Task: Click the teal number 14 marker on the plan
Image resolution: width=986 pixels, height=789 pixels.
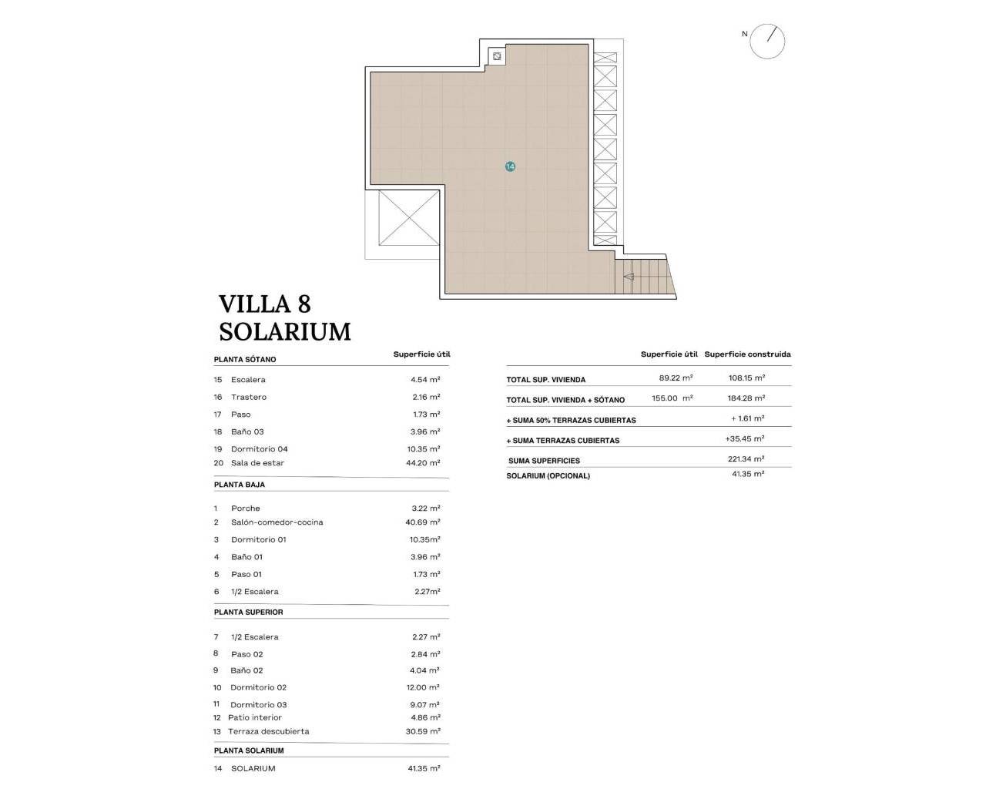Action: [x=510, y=166]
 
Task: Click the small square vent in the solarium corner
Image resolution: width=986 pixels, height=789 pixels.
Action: [x=498, y=56]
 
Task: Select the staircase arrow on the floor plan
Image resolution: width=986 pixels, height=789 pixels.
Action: [x=629, y=277]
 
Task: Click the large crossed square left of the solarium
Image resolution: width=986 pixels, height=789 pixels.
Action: [x=407, y=218]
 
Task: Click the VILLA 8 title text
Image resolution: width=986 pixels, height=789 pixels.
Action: [x=264, y=304]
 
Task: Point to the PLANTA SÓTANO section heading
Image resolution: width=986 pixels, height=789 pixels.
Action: [x=245, y=360]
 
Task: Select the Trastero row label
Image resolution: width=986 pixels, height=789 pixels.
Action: [x=248, y=398]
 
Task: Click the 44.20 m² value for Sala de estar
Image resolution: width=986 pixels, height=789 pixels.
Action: [x=425, y=463]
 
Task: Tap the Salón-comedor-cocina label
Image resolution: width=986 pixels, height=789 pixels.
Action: [x=277, y=522]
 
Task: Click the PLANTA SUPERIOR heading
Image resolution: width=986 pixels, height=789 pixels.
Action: [x=249, y=613]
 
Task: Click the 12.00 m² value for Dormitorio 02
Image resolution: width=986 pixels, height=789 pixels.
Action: [x=425, y=687]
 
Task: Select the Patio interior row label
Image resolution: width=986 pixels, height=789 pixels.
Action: [x=254, y=718]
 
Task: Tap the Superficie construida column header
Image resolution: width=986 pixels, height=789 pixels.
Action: [x=747, y=354]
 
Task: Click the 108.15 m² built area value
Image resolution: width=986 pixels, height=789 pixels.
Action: [x=746, y=378]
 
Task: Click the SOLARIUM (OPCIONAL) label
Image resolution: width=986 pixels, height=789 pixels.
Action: [x=548, y=476]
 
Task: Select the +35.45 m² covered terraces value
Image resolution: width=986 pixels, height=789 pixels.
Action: [x=745, y=439]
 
